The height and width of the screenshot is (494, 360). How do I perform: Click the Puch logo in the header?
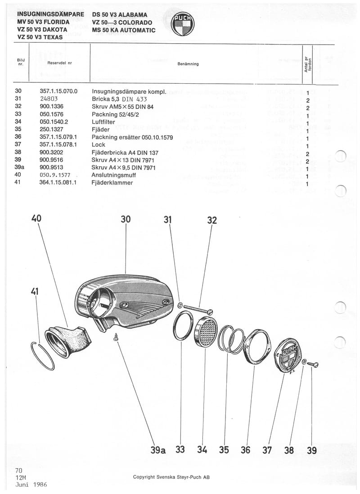click(x=183, y=23)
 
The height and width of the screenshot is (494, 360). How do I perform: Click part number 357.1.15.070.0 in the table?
click(x=58, y=91)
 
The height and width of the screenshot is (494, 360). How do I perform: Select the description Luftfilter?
click(x=103, y=122)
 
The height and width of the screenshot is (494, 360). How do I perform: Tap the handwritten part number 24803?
click(x=49, y=99)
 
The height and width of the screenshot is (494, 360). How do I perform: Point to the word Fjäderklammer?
click(x=112, y=183)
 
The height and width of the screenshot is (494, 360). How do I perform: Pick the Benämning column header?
click(x=188, y=63)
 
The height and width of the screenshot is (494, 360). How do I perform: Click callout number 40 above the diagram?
click(x=36, y=218)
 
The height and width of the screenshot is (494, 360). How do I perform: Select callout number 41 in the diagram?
click(x=35, y=291)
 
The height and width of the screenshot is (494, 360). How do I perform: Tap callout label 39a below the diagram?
click(x=158, y=450)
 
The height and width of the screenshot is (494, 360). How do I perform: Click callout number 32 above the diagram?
click(x=212, y=220)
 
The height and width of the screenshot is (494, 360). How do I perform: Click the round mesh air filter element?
click(x=205, y=331)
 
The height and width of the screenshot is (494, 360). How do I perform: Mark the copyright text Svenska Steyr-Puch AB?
click(x=171, y=477)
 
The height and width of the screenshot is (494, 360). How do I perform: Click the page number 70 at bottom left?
click(x=18, y=470)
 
